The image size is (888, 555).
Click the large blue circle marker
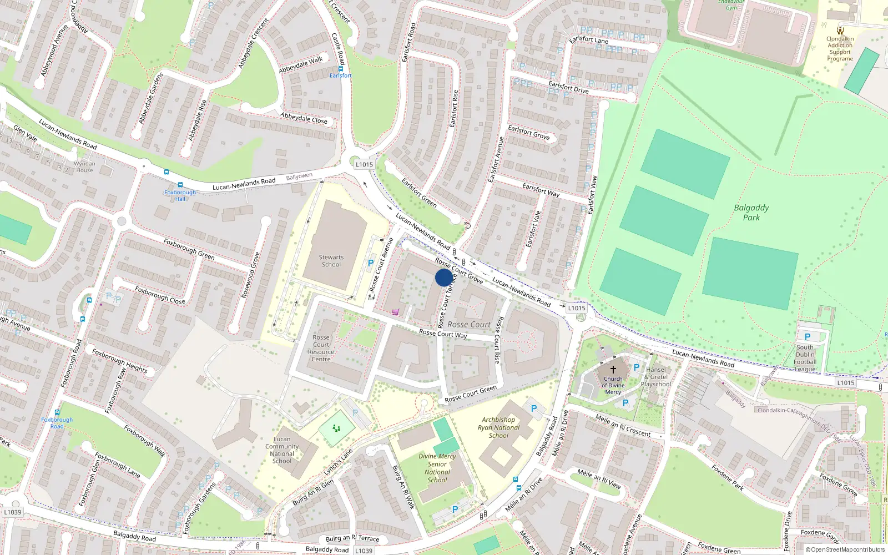pyautogui.click(x=443, y=277)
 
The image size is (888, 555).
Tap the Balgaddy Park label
pyautogui.click(x=751, y=213)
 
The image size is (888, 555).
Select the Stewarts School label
pyautogui.click(x=331, y=261)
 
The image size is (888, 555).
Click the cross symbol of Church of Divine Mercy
pyautogui.click(x=613, y=369)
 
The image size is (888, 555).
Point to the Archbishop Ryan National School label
pyautogui.click(x=498, y=427)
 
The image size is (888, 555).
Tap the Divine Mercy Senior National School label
pyautogui.click(x=437, y=468)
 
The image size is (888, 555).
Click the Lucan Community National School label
pyautogui.click(x=282, y=450)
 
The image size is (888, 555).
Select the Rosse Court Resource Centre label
pyautogui.click(x=321, y=348)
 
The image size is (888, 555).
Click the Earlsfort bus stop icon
pyautogui.click(x=340, y=69)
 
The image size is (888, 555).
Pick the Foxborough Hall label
pyautogui.click(x=180, y=195)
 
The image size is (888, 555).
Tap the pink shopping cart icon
pyautogui.click(x=395, y=312)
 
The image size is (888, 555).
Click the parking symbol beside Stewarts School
pyautogui.click(x=371, y=263)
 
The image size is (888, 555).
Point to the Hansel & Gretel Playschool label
pyautogui.click(x=655, y=377)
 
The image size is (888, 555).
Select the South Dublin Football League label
pyautogui.click(x=805, y=358)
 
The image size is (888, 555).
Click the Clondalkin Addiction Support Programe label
pyautogui.click(x=840, y=49)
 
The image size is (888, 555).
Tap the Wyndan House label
pyautogui.click(x=84, y=167)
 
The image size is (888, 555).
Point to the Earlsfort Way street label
pyautogui.click(x=541, y=190)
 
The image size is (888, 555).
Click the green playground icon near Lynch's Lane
pyautogui.click(x=336, y=428)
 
